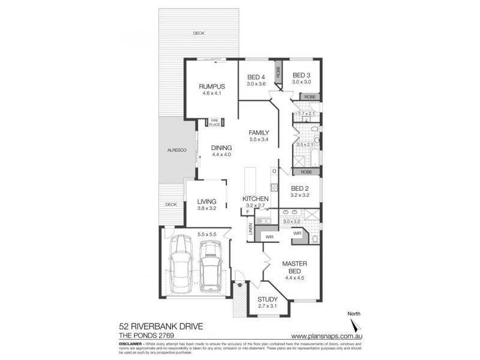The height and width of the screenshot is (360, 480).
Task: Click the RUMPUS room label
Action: click(212, 86)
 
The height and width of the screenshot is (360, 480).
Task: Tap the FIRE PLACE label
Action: click(214, 122)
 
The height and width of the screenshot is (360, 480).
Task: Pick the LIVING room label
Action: click(206, 203)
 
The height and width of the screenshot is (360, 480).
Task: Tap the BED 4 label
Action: click(256, 77)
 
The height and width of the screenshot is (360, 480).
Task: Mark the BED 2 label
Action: click(299, 188)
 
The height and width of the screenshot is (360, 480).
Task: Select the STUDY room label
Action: click(267, 299)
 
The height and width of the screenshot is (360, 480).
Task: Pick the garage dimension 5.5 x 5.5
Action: click(207, 233)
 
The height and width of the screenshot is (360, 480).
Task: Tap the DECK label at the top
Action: click(199, 33)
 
